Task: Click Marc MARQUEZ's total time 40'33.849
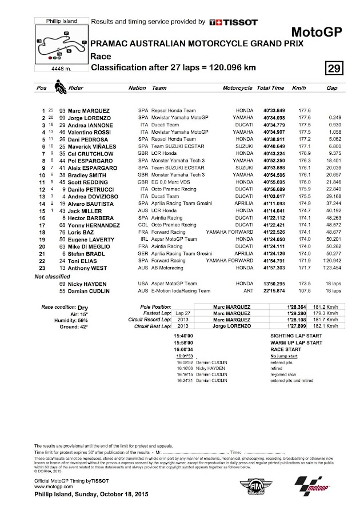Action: [x=270, y=110]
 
